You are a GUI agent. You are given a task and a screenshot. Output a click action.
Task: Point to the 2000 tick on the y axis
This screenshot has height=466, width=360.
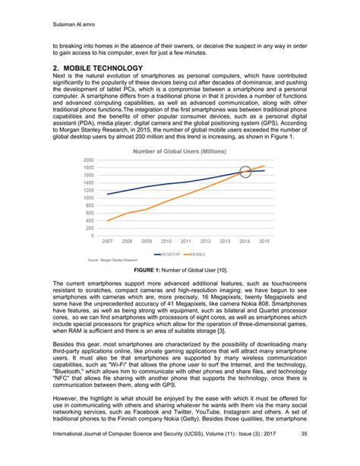tap(89, 160)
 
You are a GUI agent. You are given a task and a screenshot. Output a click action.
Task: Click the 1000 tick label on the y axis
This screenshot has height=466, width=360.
tap(89, 198)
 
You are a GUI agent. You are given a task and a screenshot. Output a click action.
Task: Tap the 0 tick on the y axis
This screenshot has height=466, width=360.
tap(93, 236)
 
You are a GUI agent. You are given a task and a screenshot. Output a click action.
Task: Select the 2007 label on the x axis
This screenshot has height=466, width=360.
tap(107, 243)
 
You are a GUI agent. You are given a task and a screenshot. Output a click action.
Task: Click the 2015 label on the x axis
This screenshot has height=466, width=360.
tap(264, 243)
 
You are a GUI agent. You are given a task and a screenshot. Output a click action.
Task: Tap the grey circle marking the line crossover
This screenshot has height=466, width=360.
tap(245, 173)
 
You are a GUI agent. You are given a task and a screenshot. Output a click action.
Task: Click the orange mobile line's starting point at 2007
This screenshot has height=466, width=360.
tap(107, 220)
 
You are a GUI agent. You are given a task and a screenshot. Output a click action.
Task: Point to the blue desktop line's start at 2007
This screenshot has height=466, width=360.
tap(107, 194)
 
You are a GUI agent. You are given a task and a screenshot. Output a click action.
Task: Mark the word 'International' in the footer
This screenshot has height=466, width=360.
tap(48, 455)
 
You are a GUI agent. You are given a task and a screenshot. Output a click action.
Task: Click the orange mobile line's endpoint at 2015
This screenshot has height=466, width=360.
tap(264, 166)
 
